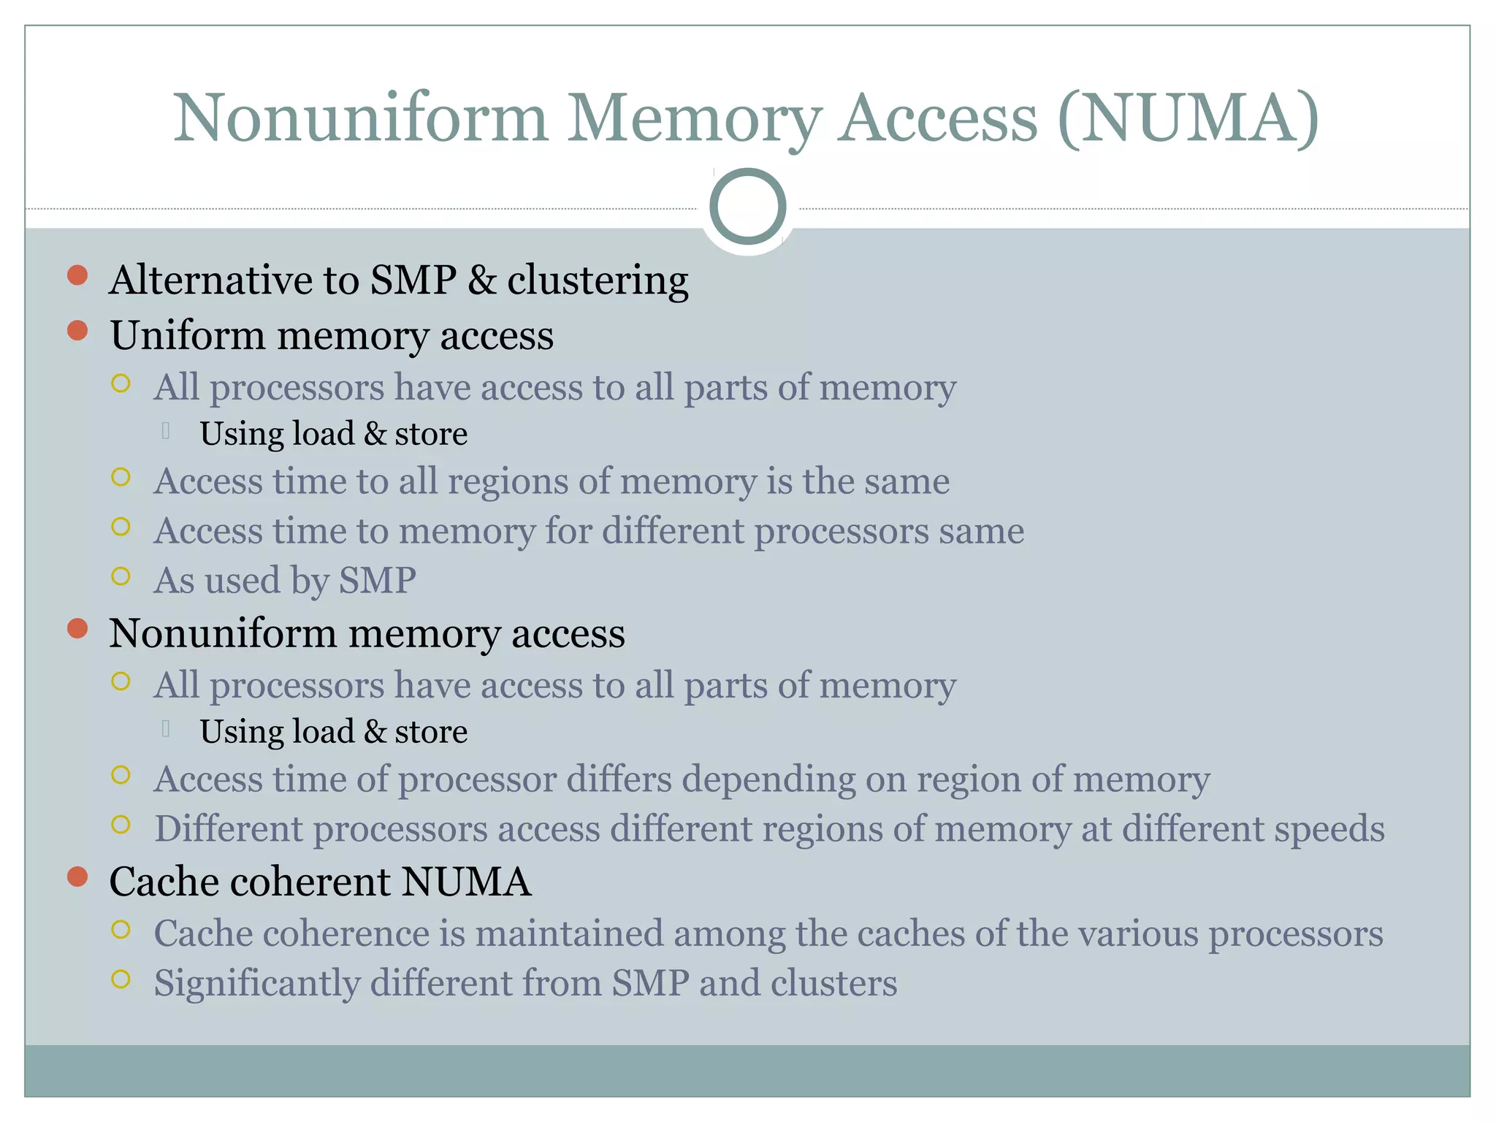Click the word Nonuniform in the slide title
[360, 118]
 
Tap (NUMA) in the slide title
[1188, 118]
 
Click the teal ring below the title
[747, 207]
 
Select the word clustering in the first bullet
[598, 280]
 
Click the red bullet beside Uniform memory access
[77, 331]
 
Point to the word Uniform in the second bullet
[188, 336]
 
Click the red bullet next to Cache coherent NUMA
[77, 877]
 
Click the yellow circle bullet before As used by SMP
[121, 576]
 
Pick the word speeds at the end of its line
[1329, 830]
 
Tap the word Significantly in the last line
[256, 984]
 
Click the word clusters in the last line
[833, 984]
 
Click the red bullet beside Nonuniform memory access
[77, 628]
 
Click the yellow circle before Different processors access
[121, 825]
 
